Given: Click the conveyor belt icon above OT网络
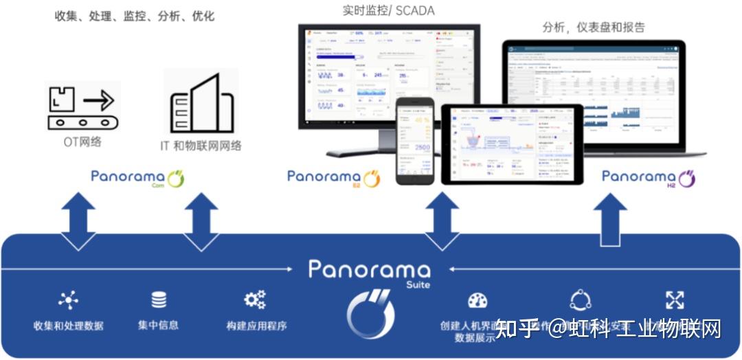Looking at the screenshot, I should coord(82,106).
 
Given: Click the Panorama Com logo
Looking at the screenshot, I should coord(138,178).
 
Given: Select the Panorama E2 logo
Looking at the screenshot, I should coord(334,178).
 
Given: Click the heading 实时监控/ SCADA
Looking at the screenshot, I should coord(388,11).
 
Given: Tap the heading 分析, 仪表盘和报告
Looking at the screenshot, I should coord(594,27).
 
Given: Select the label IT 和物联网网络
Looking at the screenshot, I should coord(201,146).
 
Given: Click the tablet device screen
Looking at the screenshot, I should coord(512,144).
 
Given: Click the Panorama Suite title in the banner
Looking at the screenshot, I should coord(370,271).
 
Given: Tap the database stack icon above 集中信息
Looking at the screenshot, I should coord(159,300).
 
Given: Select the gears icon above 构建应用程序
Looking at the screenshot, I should coord(255,300).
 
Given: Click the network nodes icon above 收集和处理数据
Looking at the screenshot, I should coord(68,300).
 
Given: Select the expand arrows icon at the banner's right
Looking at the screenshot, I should coord(675,300).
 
